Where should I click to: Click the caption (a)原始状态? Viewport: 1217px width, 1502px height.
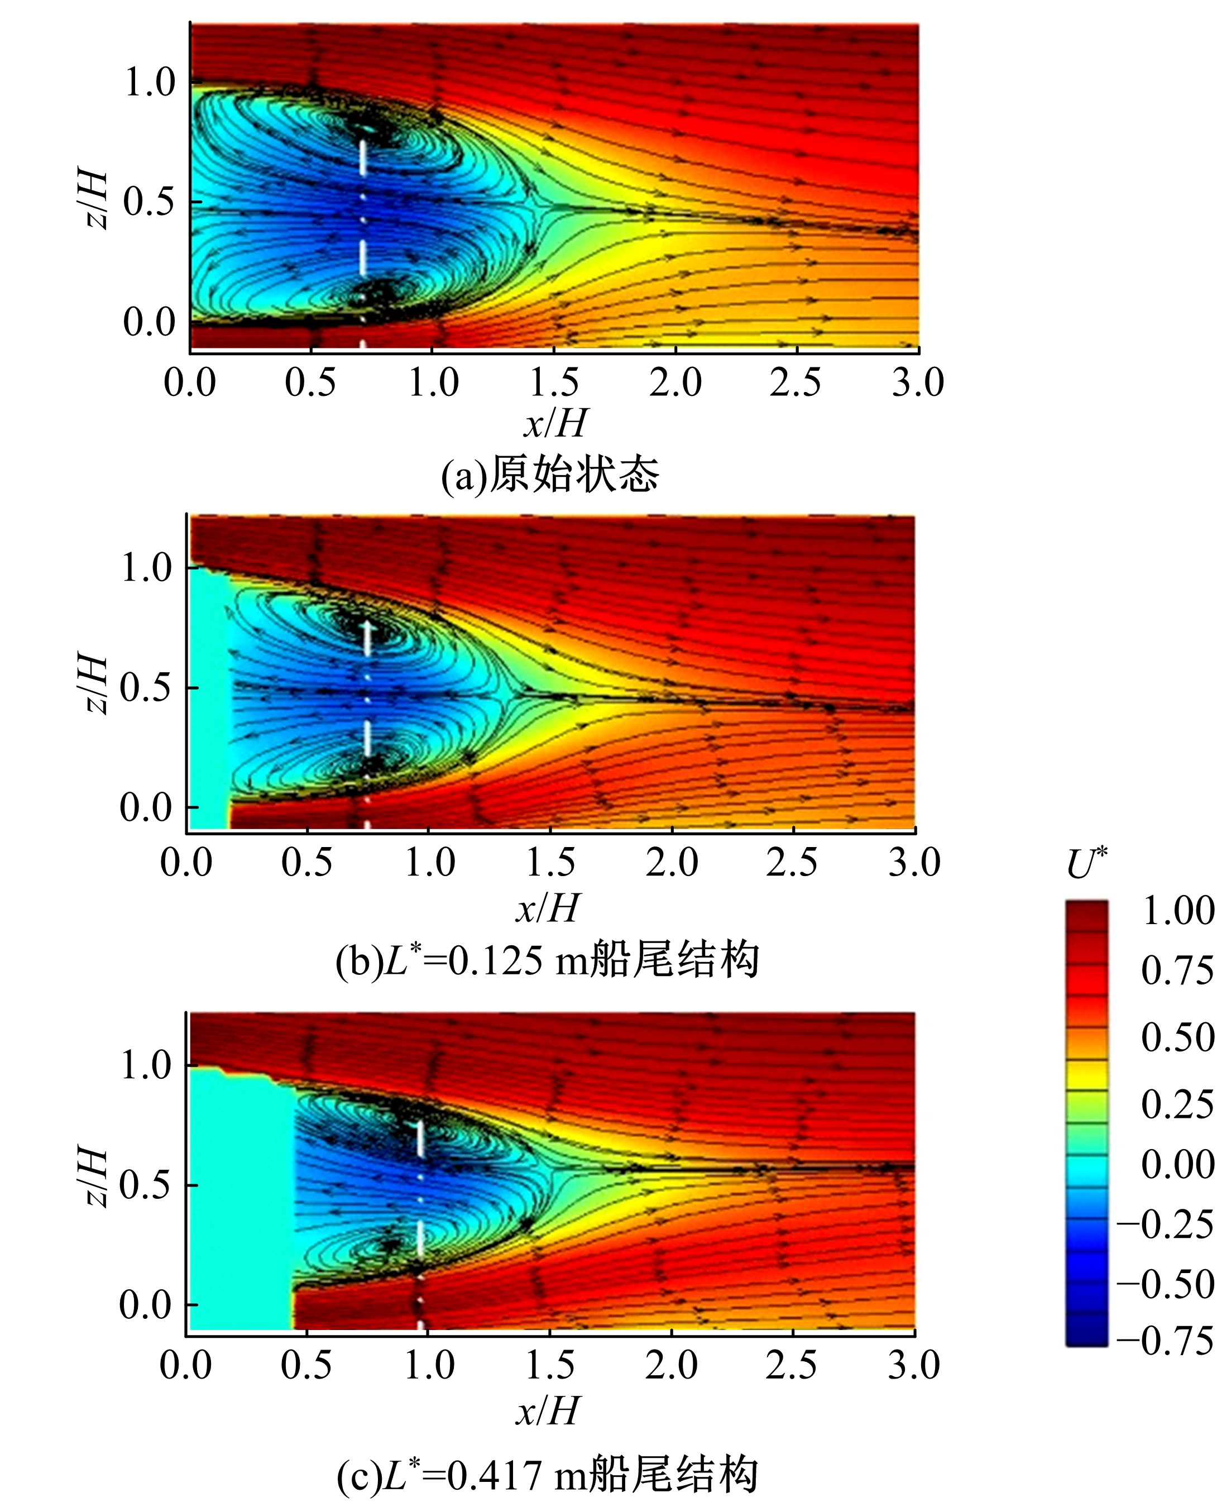pyautogui.click(x=550, y=475)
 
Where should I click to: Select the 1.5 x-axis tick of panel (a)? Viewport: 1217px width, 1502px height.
pyautogui.click(x=554, y=383)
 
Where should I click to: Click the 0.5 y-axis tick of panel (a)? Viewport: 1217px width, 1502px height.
pyautogui.click(x=148, y=202)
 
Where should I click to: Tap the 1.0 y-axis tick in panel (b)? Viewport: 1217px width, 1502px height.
pyautogui.click(x=146, y=567)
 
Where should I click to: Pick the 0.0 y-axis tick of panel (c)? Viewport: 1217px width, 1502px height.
pyautogui.click(x=145, y=1305)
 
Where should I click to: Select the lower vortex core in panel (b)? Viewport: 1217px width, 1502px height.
pyautogui.click(x=372, y=762)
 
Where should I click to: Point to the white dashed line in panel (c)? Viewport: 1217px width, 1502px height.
pyautogui.click(x=420, y=1192)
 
